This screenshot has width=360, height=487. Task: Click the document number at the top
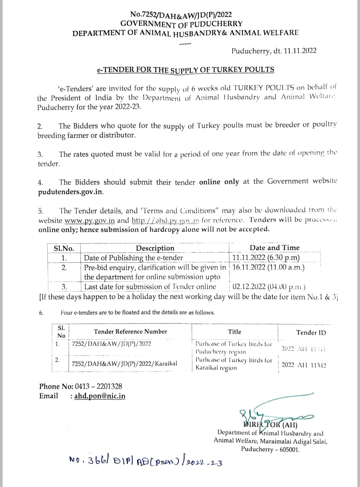tap(181, 15)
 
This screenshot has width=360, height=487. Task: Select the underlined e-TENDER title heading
tap(185, 70)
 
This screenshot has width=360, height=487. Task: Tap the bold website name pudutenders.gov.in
tap(71, 192)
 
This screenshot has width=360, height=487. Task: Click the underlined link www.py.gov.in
tap(90, 220)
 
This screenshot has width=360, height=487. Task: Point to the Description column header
tap(155, 248)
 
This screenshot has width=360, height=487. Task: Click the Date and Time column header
tap(274, 248)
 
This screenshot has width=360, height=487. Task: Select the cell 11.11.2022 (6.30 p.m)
tap(266, 258)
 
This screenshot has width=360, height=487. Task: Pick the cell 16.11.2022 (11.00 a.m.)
tap(268, 267)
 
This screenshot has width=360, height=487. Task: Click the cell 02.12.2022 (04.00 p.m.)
tap(269, 287)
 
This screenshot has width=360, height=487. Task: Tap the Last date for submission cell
tap(150, 287)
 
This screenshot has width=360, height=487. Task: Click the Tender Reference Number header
tap(130, 332)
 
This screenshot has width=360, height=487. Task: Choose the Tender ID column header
tap(311, 333)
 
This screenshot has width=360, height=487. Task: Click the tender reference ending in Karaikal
tap(125, 363)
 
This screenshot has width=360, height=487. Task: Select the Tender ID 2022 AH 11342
tap(304, 365)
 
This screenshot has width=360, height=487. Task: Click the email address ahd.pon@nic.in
tap(100, 396)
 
